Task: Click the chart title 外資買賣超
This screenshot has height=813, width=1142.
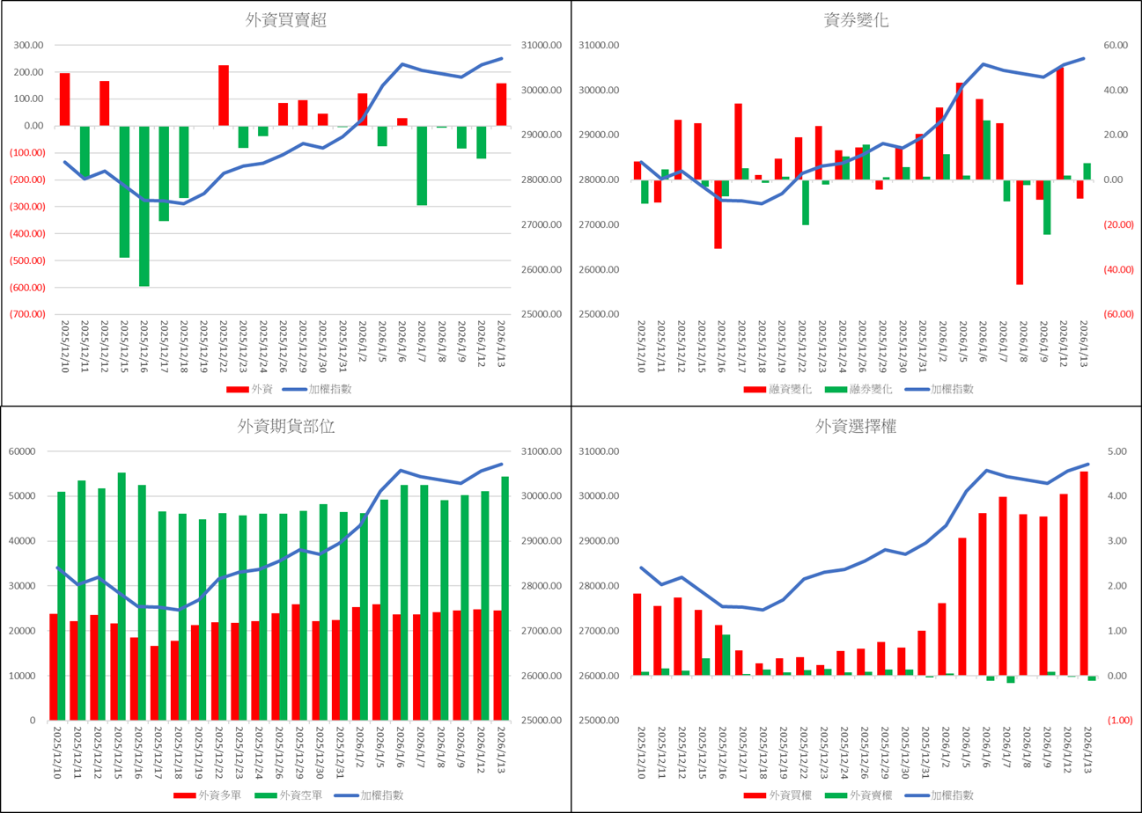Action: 286,20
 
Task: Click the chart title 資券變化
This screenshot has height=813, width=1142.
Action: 856,20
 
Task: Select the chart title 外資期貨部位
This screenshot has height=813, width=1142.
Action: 286,427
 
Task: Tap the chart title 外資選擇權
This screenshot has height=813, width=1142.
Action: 856,427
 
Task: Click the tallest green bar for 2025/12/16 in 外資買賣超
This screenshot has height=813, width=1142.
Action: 144,206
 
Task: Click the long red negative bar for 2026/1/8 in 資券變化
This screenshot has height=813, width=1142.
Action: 1020,232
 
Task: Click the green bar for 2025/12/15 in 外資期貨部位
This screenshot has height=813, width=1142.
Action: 122,597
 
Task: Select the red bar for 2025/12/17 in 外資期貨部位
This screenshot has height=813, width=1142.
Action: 154,683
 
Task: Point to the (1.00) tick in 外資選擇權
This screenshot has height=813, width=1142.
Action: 1120,721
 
